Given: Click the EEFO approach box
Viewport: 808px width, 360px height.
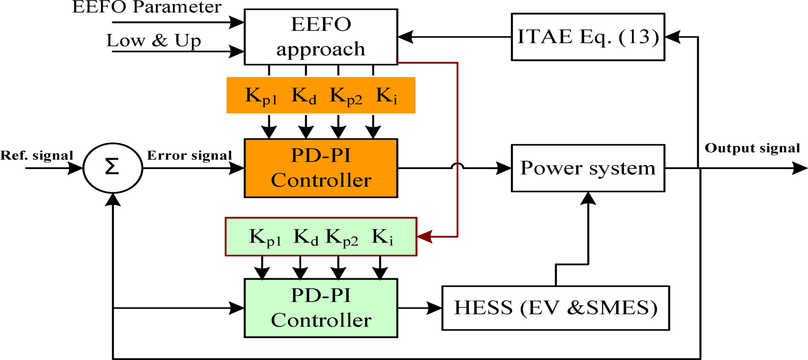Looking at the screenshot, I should pos(321,37).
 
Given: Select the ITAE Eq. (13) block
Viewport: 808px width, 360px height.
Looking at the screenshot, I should pos(587,37).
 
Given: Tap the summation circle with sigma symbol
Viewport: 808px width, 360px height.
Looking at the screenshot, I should pos(113,168).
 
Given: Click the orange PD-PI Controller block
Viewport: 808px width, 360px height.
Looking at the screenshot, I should pos(321,168).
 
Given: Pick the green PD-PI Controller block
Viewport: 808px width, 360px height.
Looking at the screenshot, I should pos(321,308).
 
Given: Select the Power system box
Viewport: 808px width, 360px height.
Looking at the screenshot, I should pos(587,168).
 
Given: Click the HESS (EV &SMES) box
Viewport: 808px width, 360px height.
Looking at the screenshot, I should pos(555,308).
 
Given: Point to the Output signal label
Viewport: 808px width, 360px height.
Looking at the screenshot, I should pos(752,148).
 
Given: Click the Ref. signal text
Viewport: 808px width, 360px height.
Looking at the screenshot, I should pos(37,155).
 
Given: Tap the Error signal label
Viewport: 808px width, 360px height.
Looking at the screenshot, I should pos(189,155).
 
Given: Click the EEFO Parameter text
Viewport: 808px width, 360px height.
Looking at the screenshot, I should pos(147,7).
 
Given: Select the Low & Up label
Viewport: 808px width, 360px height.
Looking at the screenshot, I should pos(154,41).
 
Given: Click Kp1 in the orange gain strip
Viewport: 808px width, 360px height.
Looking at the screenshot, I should pos(261,96).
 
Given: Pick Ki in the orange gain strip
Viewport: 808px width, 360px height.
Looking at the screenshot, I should pos(386,96).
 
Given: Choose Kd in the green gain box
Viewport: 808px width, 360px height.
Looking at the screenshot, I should pos(306,237).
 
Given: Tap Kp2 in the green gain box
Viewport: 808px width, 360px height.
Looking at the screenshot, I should pos(342,237).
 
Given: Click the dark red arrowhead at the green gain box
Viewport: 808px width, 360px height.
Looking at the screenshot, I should pos(425,236).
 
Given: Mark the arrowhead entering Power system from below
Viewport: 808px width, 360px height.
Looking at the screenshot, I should pos(588,198).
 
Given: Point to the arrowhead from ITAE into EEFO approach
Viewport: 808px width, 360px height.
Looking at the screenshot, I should pos(406,37).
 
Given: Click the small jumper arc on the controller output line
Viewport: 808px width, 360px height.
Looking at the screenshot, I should pos(457,166).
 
